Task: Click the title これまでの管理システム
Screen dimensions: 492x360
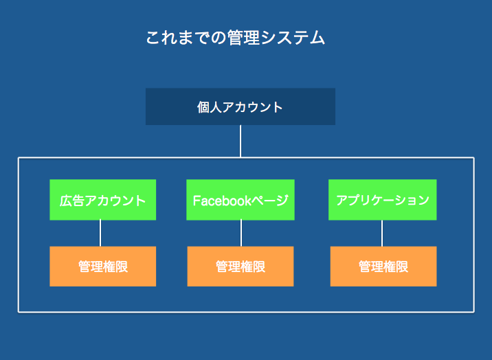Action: [x=235, y=38]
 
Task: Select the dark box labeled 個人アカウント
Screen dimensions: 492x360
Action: [x=241, y=106]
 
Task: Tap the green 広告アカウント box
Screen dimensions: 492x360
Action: [x=102, y=200]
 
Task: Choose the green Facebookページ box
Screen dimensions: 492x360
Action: [x=241, y=200]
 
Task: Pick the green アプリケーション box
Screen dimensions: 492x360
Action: [x=383, y=200]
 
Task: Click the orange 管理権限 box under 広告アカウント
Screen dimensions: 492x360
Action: [x=102, y=267]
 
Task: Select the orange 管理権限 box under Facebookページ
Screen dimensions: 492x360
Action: [x=241, y=267]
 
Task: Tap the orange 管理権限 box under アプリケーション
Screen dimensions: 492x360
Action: [x=383, y=267]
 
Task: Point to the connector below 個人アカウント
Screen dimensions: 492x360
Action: [x=241, y=141]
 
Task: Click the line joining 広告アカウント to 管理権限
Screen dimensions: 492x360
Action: [x=100, y=234]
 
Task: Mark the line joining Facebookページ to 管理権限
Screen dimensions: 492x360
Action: [x=241, y=234]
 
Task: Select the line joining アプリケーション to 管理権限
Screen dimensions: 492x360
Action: [x=382, y=234]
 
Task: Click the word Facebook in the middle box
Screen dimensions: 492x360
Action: [x=222, y=201]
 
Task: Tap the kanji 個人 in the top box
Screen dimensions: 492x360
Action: [x=210, y=107]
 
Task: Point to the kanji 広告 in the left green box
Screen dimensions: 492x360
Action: [x=72, y=201]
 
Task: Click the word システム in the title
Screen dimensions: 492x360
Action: [x=293, y=38]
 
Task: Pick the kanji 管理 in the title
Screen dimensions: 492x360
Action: [x=243, y=38]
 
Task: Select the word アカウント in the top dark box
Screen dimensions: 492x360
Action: [x=253, y=107]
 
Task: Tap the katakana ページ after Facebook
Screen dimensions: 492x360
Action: [x=270, y=201]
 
